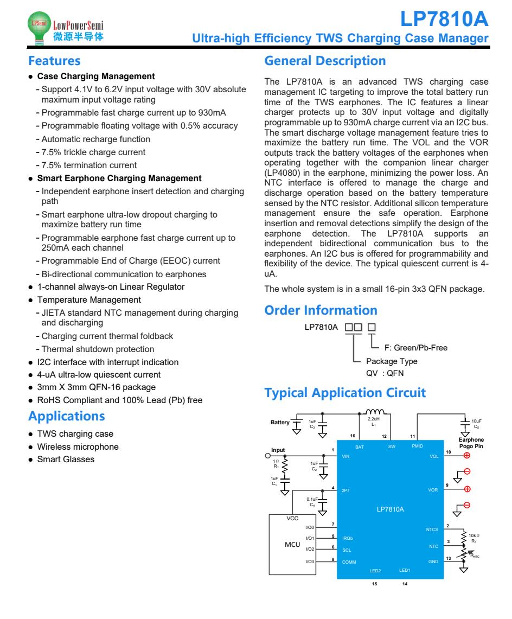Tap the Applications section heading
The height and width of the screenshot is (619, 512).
[x=66, y=417]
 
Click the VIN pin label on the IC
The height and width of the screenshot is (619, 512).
[x=346, y=457]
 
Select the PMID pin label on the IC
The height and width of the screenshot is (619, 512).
[x=417, y=446]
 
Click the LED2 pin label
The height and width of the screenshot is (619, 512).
[x=375, y=571]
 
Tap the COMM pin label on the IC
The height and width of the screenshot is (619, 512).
[x=349, y=561]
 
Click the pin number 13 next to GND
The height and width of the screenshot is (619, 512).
[x=447, y=558]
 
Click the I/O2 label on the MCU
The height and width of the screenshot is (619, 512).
[x=310, y=549]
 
